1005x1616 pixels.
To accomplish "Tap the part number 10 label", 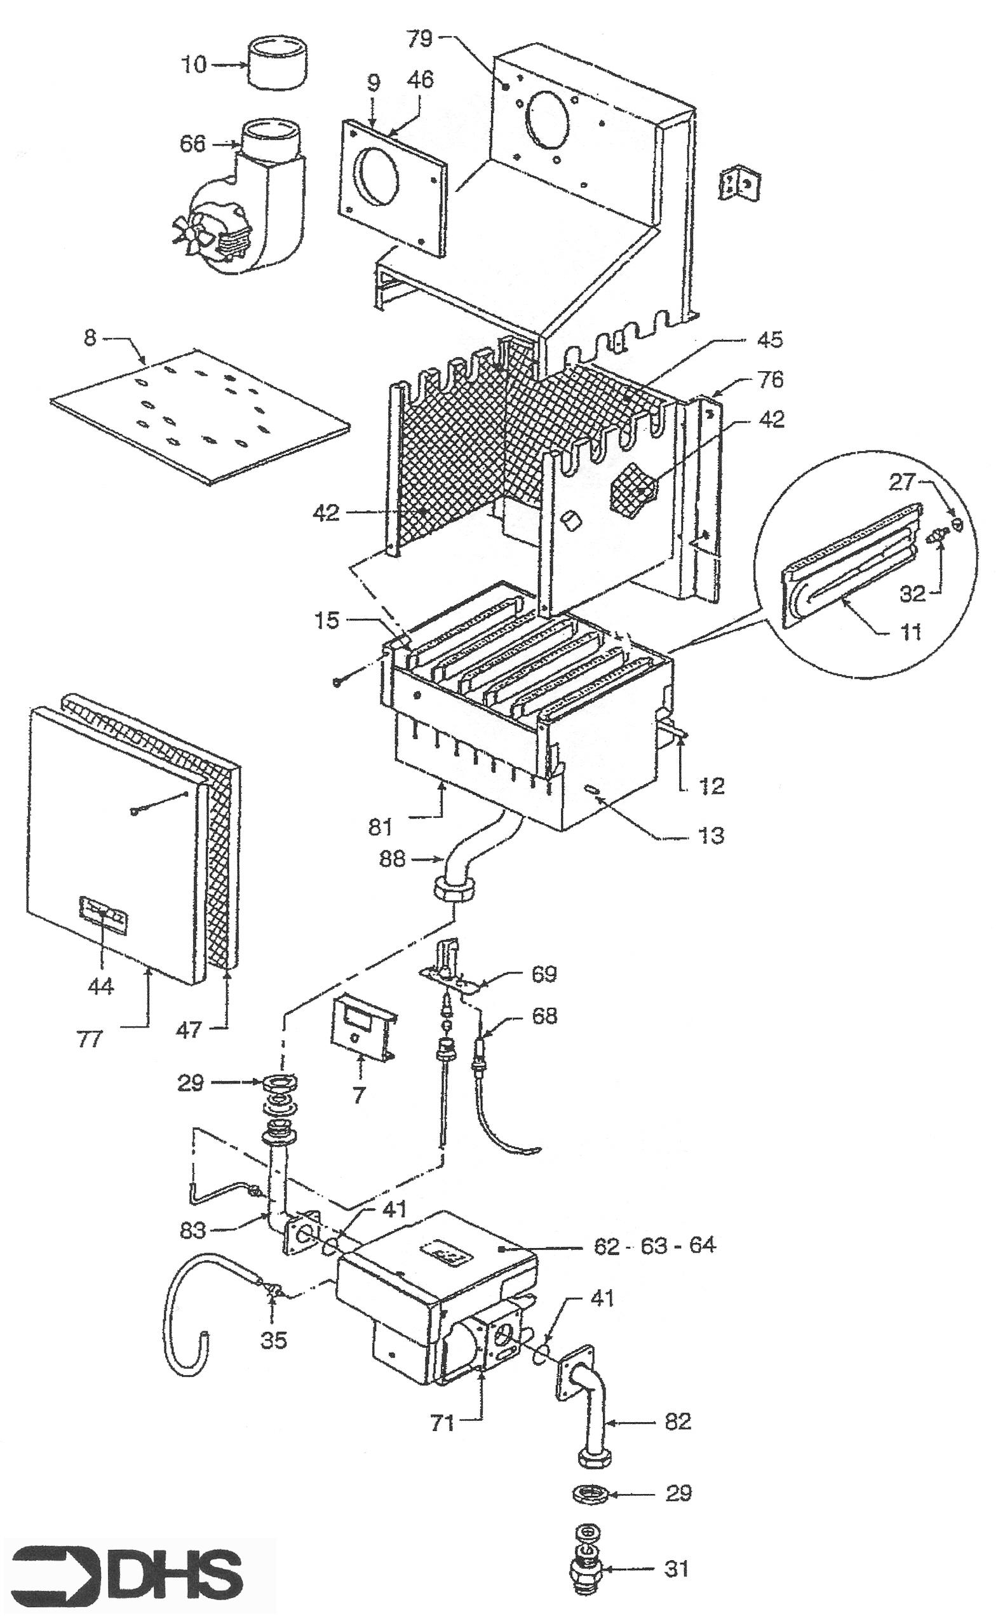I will pyautogui.click(x=194, y=65).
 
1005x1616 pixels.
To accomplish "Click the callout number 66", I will pyautogui.click(x=192, y=144).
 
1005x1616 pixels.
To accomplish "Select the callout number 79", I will pyautogui.click(x=419, y=39).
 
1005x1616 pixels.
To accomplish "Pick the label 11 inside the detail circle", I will pyautogui.click(x=910, y=631).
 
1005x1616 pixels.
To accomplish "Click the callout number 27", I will pyautogui.click(x=903, y=482).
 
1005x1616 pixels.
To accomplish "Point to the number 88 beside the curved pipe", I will pyautogui.click(x=392, y=859).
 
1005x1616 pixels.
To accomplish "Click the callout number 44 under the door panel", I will pyautogui.click(x=101, y=985).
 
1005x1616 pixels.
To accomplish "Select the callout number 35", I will pyautogui.click(x=273, y=1340).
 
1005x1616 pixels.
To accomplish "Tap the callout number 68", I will pyautogui.click(x=544, y=1015).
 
